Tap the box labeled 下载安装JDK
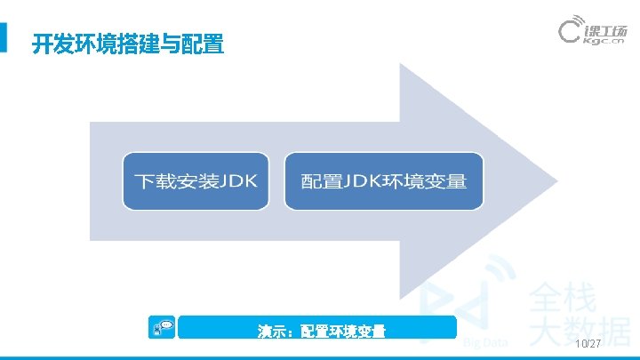point(195,181)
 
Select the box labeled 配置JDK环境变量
point(383,181)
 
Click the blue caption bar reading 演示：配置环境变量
point(316,331)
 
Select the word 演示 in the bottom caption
point(269,332)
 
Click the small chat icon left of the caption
point(164,327)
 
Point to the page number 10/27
point(588,344)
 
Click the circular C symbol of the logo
point(570,32)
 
